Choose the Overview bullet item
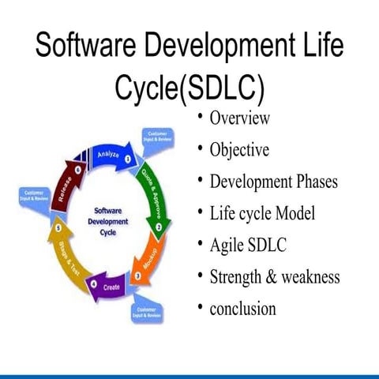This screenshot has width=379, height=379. [x=240, y=118]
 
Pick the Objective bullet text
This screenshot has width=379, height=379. [x=239, y=150]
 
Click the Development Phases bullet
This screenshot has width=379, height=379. [x=273, y=182]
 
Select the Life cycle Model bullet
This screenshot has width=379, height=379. [x=262, y=213]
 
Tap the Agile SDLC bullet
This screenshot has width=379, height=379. [x=248, y=245]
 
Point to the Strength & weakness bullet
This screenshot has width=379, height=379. [x=274, y=276]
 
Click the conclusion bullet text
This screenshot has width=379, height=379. [x=242, y=308]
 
